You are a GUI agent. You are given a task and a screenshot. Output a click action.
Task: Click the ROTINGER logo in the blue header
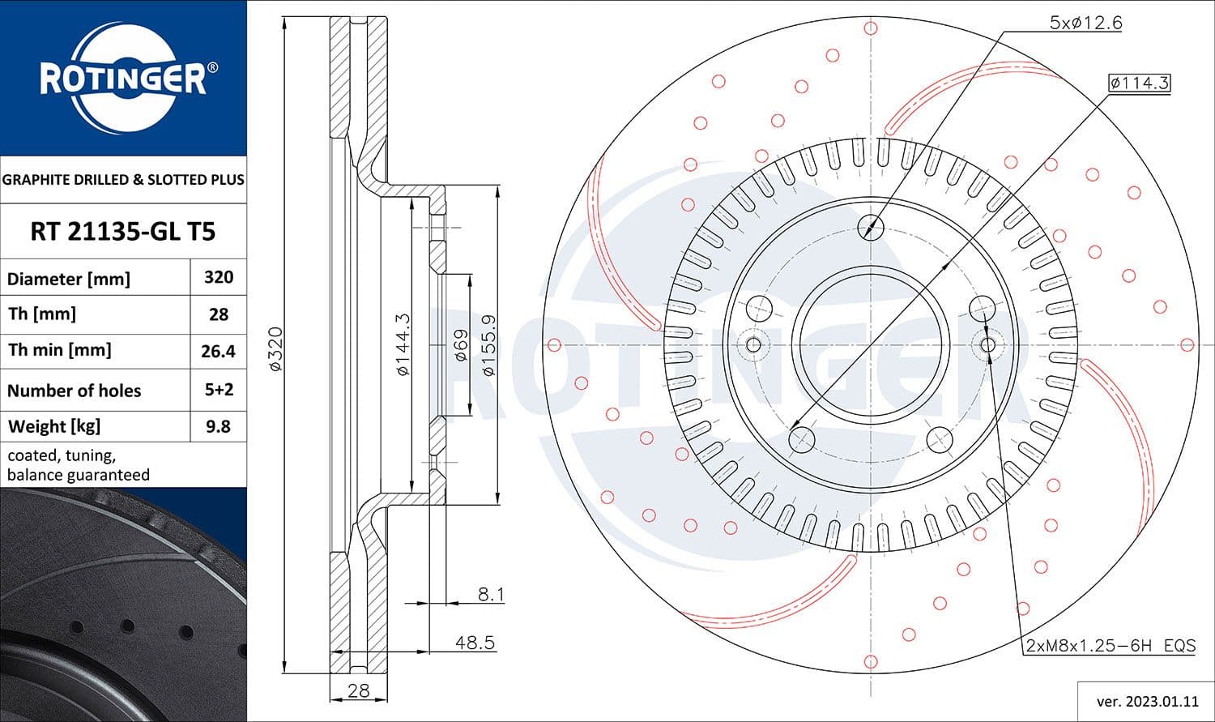coord(123,79)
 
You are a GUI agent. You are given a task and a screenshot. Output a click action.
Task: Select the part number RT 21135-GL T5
coord(123,232)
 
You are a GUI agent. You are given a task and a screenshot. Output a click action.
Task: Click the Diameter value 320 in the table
coord(219,277)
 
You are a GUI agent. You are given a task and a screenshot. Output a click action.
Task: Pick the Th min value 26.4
coord(219,351)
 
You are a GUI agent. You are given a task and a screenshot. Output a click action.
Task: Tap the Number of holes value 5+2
coord(219,390)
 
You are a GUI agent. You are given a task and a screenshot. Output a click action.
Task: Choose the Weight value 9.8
coord(219,426)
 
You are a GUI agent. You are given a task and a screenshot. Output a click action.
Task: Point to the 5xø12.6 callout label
coord(1085,23)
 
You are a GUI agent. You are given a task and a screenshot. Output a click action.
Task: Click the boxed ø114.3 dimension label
coord(1140,83)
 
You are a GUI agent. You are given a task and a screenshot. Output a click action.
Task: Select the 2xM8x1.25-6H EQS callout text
coord(1111,646)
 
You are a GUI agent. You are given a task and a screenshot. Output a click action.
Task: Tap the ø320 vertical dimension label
coord(275,349)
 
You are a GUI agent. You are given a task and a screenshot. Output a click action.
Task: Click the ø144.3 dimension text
coord(403,344)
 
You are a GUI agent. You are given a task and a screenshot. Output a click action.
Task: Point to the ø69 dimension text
coord(460,344)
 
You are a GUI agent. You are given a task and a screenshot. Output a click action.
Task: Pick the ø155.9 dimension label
coord(488,344)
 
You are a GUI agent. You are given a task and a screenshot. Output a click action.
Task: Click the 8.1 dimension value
coord(491,595)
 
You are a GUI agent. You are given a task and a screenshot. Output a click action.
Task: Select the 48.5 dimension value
coord(475,643)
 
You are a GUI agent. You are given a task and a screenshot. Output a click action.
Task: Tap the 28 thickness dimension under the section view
coord(358,690)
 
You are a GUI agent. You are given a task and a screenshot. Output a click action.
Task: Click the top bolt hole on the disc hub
coord(871,226)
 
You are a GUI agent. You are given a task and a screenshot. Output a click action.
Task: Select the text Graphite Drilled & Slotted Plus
coord(123,180)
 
